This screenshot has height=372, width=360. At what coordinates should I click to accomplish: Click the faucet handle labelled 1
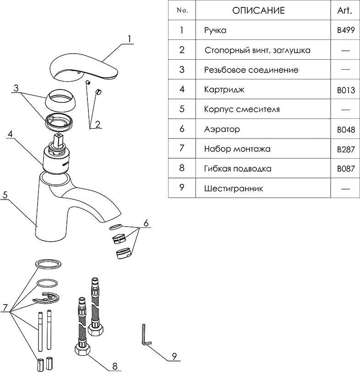tap(82, 67)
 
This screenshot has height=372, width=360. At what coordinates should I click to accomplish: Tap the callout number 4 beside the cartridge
tap(10, 135)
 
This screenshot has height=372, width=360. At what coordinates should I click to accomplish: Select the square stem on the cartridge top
tap(58, 140)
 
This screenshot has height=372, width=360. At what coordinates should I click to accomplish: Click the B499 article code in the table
tap(346, 31)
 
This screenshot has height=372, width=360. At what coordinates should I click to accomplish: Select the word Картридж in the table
tap(224, 89)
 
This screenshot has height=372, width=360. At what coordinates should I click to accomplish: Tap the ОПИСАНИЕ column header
tap(258, 11)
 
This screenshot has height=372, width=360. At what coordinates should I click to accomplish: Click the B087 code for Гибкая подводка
tap(346, 169)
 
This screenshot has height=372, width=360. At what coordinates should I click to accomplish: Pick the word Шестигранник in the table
tap(234, 189)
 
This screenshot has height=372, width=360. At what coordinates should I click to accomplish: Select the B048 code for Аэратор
tap(346, 130)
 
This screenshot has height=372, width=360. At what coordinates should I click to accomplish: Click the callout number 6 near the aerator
tap(146, 223)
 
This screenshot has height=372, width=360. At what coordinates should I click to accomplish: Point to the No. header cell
tap(182, 11)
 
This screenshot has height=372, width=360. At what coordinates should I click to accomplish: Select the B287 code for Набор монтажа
tap(346, 149)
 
